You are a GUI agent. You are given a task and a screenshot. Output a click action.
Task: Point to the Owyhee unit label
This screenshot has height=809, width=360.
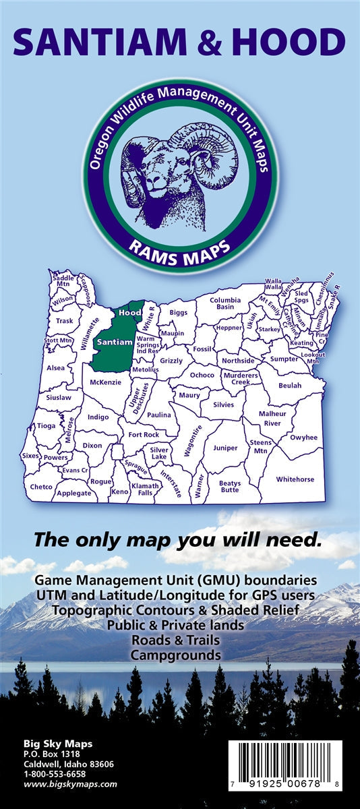coord(303,438)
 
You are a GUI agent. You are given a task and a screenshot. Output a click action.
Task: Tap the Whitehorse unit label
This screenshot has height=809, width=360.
coord(295,479)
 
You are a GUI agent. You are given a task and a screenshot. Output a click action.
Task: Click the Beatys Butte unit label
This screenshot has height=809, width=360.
coord(229,486)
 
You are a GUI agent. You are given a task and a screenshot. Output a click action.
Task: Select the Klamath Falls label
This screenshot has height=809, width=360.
coord(146,489)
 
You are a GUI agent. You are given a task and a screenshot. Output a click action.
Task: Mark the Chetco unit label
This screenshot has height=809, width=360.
coord(41,486)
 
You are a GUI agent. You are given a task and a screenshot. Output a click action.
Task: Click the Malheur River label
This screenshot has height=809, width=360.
coord(272,418)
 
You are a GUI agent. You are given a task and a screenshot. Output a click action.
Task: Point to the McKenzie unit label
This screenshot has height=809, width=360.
coord(105,382)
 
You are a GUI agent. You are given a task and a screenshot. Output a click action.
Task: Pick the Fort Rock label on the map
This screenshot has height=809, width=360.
coord(144,435)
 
